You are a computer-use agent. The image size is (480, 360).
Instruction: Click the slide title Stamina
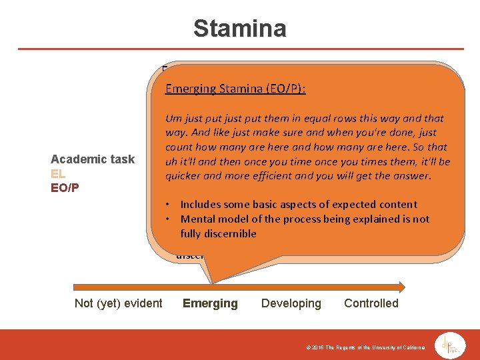pos(239,29)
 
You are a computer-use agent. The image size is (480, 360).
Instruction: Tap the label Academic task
pos(93,159)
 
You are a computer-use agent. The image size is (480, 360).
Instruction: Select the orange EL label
pos(58,173)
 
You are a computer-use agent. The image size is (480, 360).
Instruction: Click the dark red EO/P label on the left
pos(65,187)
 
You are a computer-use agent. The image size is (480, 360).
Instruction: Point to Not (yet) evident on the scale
pos(118,303)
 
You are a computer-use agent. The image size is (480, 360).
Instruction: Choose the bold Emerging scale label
pos(210,303)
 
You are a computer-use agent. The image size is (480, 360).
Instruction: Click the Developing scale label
pos(291,303)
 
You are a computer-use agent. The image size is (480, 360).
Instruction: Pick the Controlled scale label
pos(371,303)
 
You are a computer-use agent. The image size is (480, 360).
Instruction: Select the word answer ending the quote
pos(413,177)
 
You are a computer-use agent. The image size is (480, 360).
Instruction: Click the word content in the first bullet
pos(398,205)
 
